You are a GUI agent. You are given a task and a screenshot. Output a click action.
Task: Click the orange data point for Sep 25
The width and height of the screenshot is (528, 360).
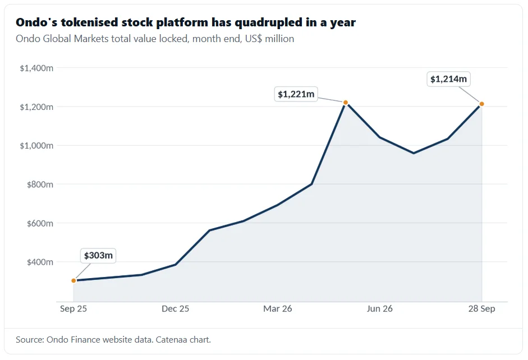point(74,280)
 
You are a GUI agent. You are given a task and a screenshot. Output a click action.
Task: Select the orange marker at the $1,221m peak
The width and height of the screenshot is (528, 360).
point(346,103)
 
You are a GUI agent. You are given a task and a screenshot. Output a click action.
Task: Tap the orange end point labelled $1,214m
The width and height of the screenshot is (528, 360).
point(481,104)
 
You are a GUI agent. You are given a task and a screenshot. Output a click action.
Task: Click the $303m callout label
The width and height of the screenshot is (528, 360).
point(98,256)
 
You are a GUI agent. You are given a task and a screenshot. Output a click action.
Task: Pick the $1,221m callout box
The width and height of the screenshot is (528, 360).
point(296,94)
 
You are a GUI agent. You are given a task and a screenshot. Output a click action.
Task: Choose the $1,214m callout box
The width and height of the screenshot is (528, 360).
point(448,79)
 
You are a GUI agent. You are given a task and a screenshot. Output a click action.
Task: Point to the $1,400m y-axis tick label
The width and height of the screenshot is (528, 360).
point(36,68)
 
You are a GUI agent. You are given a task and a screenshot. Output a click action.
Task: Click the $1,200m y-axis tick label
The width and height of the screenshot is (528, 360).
point(36,107)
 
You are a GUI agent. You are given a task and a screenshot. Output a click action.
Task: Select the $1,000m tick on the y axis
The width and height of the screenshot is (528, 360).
point(36,146)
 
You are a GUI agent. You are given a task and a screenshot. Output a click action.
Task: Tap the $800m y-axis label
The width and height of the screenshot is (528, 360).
point(40,184)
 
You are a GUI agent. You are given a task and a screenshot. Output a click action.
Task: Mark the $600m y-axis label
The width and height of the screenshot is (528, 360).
point(40,223)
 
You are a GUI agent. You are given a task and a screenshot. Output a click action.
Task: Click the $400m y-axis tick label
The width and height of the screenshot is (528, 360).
point(40,262)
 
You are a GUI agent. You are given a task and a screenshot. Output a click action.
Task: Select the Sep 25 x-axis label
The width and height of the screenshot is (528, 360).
point(74,309)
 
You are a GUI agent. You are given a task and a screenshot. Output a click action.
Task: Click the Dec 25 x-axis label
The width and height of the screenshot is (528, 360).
point(176,309)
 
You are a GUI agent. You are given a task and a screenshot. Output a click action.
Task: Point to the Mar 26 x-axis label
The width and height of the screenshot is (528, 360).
point(278,309)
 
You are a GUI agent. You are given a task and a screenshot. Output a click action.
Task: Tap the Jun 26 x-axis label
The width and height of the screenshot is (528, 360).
point(379,309)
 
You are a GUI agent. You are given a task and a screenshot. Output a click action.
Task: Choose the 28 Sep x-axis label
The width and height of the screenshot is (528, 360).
point(481,309)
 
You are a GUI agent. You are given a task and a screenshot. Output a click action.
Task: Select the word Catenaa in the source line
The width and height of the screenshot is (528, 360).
point(171,340)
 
